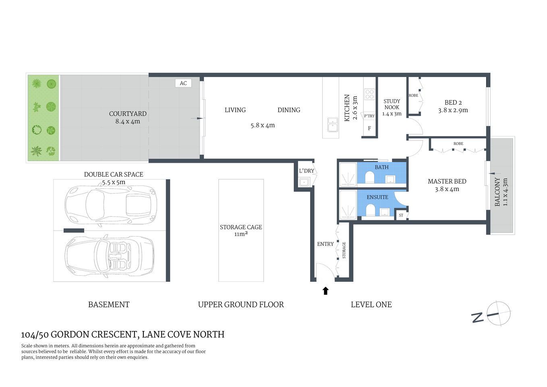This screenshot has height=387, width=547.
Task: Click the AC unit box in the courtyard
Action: pos(183,83)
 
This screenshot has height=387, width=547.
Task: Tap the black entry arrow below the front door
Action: pos(325,291)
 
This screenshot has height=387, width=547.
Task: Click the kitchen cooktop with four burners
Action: pos(369,94)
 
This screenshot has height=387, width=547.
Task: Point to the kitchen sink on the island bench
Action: pos(333,125)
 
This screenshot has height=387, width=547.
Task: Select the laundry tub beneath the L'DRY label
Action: pos(304,182)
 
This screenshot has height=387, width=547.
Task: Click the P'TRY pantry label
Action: pos(369,116)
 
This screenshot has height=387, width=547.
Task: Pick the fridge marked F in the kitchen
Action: pos(369,129)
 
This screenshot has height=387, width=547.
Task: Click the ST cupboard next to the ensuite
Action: pos(401,215)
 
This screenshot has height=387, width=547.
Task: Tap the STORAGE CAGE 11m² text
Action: pos(241,231)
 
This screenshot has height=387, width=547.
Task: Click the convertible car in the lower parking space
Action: pos(110,256)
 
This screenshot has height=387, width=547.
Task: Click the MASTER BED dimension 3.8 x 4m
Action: pos(447,189)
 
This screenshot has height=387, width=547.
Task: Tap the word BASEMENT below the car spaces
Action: pos(109,305)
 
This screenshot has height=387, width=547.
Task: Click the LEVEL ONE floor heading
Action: pos(371,305)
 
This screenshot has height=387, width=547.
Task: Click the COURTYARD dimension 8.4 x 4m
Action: pos(128,121)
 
